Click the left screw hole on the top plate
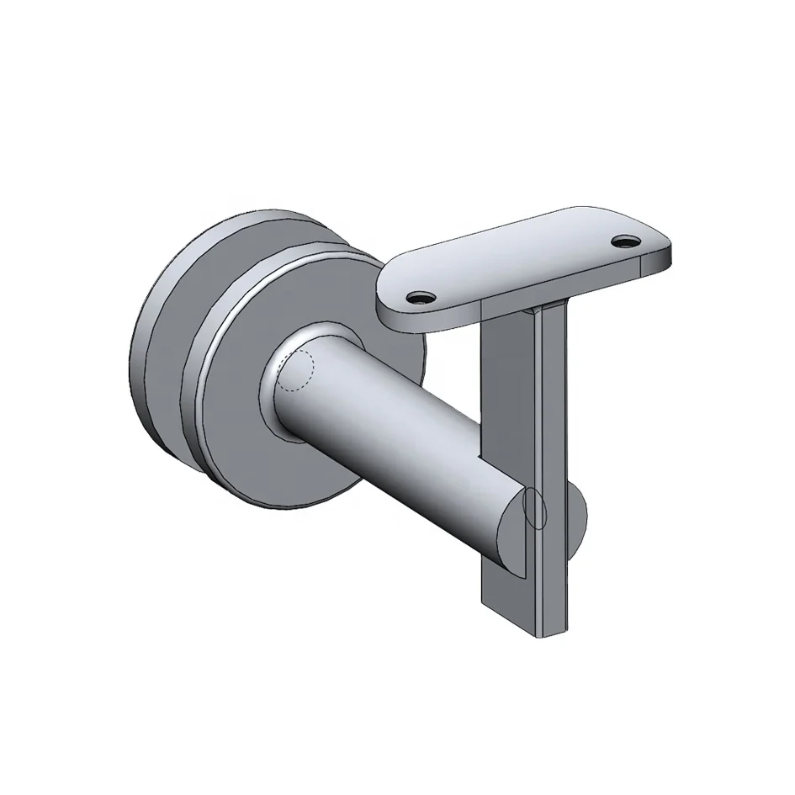click(419, 296)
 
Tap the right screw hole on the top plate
click(625, 241)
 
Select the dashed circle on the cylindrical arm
click(294, 371)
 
